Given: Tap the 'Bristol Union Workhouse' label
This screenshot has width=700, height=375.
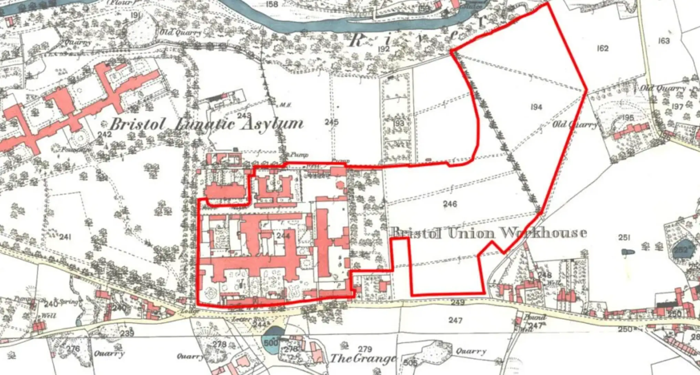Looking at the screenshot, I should click(x=489, y=233).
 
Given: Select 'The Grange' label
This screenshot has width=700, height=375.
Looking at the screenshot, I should click(x=363, y=358).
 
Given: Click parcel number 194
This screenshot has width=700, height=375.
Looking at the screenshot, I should click(x=536, y=107).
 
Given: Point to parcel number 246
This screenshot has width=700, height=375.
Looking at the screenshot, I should click(x=450, y=204).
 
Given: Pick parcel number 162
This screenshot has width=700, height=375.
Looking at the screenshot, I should click(x=603, y=48).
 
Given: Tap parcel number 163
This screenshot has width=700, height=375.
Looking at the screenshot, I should click(x=664, y=41).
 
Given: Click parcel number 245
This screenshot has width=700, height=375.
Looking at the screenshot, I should click(x=331, y=122).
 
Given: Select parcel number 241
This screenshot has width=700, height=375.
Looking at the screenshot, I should click(x=65, y=237).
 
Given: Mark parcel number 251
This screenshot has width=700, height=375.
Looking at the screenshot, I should click(x=624, y=237).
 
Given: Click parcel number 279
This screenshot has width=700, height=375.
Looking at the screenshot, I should click(x=365, y=350).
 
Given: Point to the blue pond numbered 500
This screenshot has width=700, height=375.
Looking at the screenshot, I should click(x=271, y=342).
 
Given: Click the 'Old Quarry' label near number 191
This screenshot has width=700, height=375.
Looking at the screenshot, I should click(x=181, y=32).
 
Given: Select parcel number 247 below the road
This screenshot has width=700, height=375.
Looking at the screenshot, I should click(x=455, y=320).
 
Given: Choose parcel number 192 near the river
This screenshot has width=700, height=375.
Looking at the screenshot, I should click(x=383, y=49).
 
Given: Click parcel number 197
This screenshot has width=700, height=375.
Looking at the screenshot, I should click(x=677, y=106).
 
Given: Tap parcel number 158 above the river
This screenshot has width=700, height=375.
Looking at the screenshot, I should click(x=272, y=4).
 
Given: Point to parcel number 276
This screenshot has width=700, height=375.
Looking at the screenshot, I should click(x=73, y=349).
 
